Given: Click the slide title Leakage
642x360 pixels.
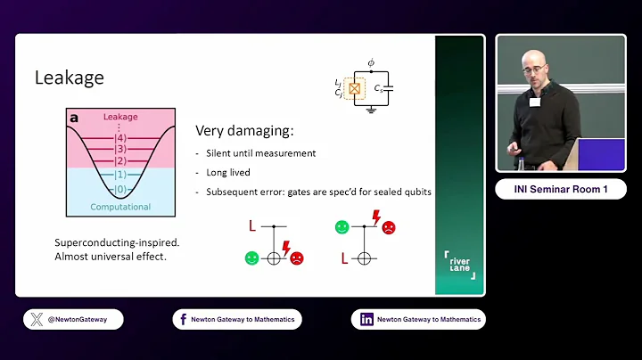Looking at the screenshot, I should tap(70, 78).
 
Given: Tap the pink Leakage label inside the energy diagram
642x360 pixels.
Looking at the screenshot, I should tap(120, 117).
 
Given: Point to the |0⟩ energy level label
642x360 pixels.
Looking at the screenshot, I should tap(120, 189).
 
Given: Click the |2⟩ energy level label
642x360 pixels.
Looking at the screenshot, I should tap(120, 161).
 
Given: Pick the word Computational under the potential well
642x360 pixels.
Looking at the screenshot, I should tap(120, 207).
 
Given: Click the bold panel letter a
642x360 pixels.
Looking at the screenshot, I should tap(74, 117).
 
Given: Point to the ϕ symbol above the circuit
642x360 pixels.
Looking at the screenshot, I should tap(370, 63).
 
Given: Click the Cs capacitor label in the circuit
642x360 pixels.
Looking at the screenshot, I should tap(380, 88).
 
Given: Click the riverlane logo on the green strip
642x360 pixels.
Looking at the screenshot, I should tap(459, 265).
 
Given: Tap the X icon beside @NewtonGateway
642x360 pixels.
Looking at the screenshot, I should tap(37, 319).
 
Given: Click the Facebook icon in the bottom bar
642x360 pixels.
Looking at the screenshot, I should tap(182, 319).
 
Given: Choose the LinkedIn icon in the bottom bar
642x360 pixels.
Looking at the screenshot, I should tap(366, 319).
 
